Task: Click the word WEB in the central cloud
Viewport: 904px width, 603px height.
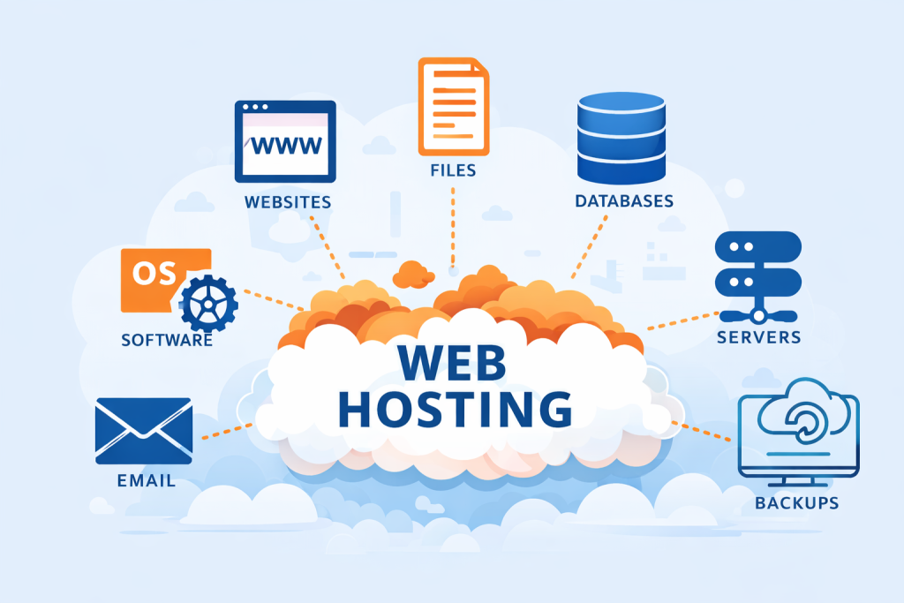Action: pos(451,362)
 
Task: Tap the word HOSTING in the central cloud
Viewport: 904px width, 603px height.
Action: pos(455,410)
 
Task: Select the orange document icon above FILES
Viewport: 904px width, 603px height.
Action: pos(454,107)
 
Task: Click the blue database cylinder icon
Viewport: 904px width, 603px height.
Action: pos(621,138)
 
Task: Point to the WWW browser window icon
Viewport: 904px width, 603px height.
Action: pos(285,141)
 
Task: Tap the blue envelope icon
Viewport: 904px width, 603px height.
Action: pos(144,431)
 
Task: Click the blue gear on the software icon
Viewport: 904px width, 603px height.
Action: pos(208,304)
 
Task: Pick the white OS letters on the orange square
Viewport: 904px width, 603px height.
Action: pos(154,274)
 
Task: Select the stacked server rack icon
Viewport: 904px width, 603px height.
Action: pos(758,277)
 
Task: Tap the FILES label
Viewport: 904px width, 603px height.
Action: pos(453,170)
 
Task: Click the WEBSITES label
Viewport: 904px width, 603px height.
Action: pos(288,202)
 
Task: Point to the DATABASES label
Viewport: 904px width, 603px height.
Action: pos(624,201)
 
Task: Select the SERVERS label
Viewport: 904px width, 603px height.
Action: pos(758,337)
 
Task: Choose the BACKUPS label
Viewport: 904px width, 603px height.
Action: pos(797,503)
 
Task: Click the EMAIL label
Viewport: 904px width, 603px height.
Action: pos(147,481)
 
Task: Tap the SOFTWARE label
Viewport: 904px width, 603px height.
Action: pos(167,340)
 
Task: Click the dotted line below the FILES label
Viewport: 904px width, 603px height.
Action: pos(453,229)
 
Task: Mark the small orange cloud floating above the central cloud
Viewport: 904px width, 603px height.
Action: pos(413,275)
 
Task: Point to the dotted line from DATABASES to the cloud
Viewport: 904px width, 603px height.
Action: pos(589,246)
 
